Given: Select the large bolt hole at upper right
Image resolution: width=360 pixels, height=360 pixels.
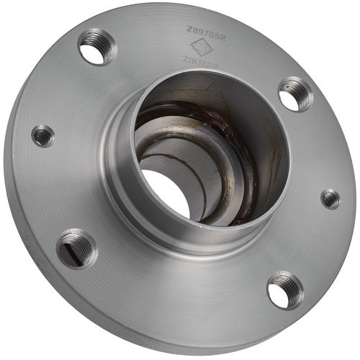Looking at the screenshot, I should coord(295,94).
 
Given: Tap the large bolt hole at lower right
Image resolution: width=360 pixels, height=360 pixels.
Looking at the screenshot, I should coord(285,289).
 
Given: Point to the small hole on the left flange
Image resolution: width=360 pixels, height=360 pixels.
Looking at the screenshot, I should coord(43,135).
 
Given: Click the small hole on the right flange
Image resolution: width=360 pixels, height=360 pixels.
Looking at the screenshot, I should coord(330,199).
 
